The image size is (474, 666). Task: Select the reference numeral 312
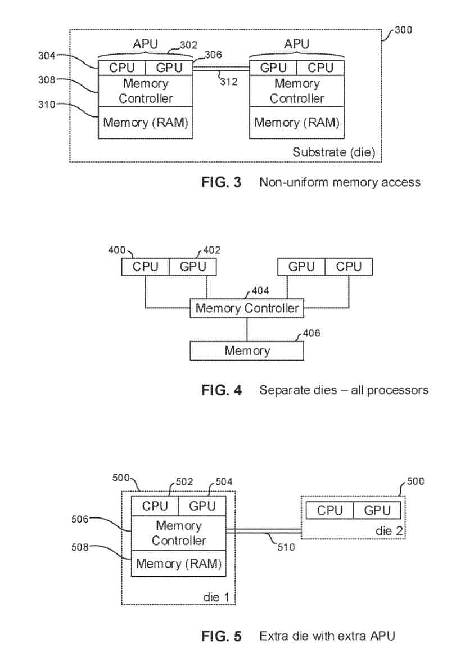(x=228, y=82)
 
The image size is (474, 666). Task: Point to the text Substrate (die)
(x=333, y=152)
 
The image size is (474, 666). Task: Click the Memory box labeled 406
(x=247, y=351)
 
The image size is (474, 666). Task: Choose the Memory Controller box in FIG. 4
(x=247, y=308)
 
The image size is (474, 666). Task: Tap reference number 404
(x=260, y=291)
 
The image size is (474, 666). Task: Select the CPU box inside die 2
(x=330, y=511)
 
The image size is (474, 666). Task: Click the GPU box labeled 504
(x=202, y=506)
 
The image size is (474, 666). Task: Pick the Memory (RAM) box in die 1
(x=178, y=564)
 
